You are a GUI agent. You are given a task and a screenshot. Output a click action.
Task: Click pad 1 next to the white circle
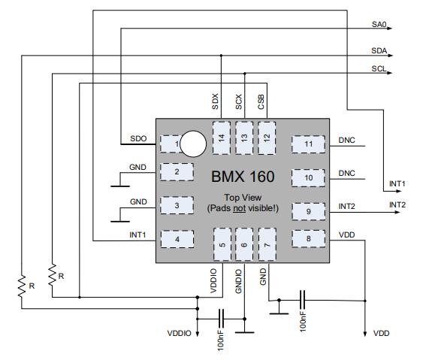tap(171, 144)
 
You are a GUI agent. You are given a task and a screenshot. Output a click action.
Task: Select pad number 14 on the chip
tap(222, 138)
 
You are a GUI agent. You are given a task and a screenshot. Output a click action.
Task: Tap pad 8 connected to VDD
tap(308, 239)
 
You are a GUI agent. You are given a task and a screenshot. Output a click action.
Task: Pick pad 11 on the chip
tap(308, 144)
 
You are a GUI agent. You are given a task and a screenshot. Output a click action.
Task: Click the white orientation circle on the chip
tap(193, 144)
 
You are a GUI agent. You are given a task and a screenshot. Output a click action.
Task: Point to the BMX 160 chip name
tap(243, 177)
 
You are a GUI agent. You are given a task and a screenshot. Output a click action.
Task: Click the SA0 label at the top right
tap(379, 24)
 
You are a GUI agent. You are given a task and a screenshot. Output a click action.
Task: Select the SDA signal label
tap(379, 50)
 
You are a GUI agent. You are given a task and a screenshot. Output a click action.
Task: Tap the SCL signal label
tap(379, 68)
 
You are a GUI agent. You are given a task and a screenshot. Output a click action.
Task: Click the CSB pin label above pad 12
tap(261, 101)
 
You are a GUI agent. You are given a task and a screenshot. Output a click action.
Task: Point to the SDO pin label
tap(138, 138)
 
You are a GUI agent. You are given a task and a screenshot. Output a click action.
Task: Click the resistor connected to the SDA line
tap(22, 286)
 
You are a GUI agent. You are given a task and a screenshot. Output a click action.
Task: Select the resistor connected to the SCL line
tap(52, 275)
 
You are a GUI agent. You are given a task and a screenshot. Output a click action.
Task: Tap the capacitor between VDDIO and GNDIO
tap(221, 319)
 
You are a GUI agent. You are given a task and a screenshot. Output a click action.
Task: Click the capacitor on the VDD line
tap(302, 300)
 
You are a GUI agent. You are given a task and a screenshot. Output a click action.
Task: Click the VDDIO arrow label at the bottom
tap(179, 333)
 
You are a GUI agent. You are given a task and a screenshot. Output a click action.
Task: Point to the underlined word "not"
tap(239, 208)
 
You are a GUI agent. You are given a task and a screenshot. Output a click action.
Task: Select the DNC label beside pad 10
tap(346, 173)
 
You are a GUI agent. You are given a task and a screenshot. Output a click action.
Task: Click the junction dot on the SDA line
tap(221, 56)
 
